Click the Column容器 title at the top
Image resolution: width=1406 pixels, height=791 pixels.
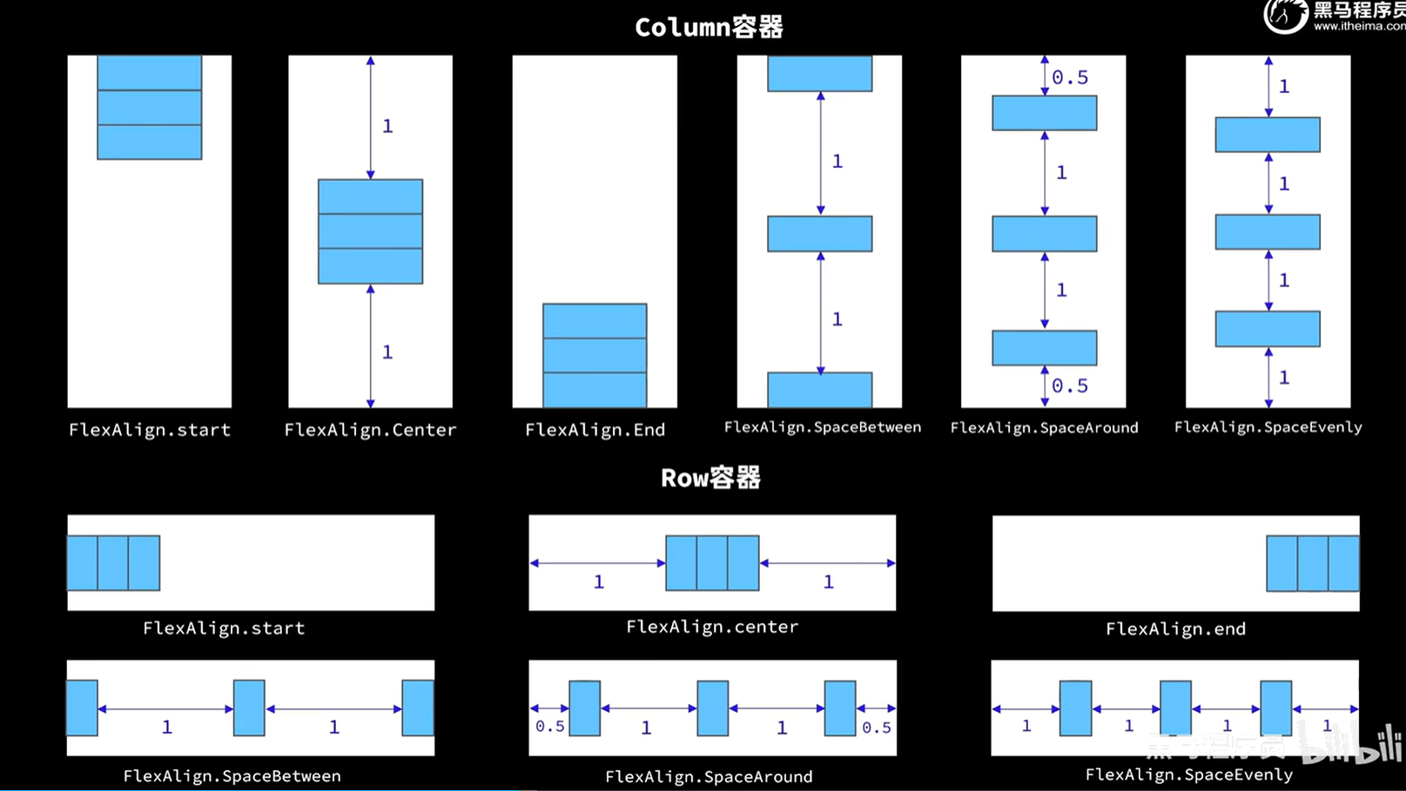click(x=709, y=28)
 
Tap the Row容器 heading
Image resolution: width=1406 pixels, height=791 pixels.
click(x=710, y=478)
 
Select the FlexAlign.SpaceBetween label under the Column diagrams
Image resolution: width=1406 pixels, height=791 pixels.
click(x=822, y=427)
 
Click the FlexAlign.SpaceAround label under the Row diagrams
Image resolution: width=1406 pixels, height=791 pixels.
click(x=709, y=776)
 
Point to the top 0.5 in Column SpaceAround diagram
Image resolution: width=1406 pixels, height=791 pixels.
click(x=1070, y=77)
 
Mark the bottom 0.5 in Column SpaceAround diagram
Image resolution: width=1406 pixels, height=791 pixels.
click(x=1070, y=385)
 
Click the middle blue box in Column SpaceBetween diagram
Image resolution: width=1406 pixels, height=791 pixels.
click(x=819, y=233)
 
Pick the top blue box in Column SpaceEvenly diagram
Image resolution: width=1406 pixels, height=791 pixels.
click(x=1268, y=134)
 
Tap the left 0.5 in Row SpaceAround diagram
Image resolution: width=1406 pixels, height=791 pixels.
click(x=550, y=726)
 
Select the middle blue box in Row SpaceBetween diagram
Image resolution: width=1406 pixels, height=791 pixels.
click(x=249, y=708)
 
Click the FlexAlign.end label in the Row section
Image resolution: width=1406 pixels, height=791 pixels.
click(x=1175, y=628)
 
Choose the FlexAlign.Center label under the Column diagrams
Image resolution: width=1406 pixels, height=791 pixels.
click(x=370, y=430)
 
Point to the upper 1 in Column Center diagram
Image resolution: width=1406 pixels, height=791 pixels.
click(x=387, y=126)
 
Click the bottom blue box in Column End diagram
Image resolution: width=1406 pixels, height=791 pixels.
click(x=595, y=390)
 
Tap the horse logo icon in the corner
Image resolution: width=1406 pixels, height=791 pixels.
click(x=1285, y=16)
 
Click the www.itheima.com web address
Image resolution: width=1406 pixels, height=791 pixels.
click(x=1359, y=26)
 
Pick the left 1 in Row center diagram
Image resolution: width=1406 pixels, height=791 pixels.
click(x=599, y=582)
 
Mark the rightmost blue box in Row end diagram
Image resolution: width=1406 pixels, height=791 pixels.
click(x=1343, y=564)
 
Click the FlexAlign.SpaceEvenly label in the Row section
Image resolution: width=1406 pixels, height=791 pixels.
click(x=1188, y=774)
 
